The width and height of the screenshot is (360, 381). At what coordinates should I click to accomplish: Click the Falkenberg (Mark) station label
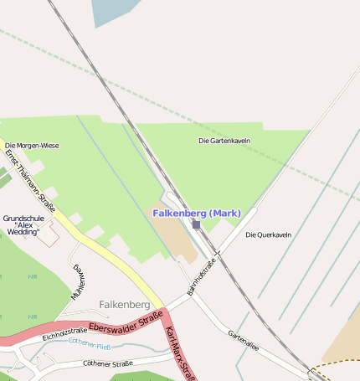[x=197, y=214]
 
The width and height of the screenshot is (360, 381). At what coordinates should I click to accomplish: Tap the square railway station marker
[x=196, y=224]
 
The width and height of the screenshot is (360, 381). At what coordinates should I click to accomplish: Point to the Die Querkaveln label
[x=268, y=234]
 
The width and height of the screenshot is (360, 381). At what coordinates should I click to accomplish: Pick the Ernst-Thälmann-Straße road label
[x=30, y=183]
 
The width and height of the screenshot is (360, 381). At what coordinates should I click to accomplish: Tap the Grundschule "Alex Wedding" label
[x=22, y=224]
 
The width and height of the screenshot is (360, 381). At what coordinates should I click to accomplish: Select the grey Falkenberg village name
[x=124, y=304]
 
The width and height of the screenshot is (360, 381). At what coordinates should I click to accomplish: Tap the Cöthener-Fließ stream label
[x=90, y=343]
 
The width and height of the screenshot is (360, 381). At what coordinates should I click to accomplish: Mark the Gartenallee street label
[x=244, y=338]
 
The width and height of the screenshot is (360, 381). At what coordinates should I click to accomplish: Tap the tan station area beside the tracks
[x=173, y=230]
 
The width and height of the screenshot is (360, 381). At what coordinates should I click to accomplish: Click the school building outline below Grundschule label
[x=48, y=236]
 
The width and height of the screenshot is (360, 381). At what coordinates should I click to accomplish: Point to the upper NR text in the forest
[x=33, y=276]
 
